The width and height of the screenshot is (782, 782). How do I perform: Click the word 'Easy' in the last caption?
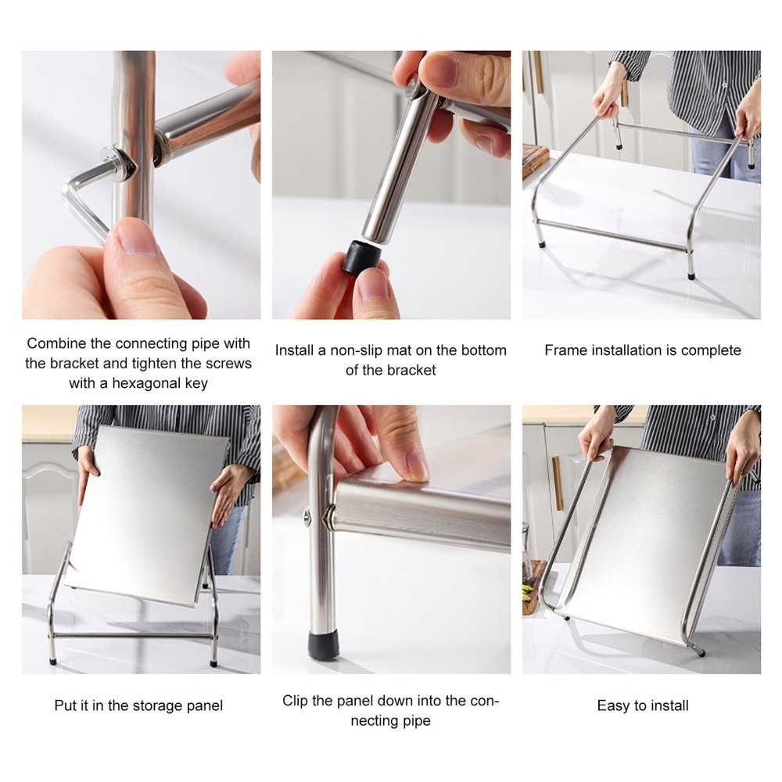[613, 706]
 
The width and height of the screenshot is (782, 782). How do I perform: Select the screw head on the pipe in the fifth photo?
[307, 515]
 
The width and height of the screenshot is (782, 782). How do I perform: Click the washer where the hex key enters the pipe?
[118, 163]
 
